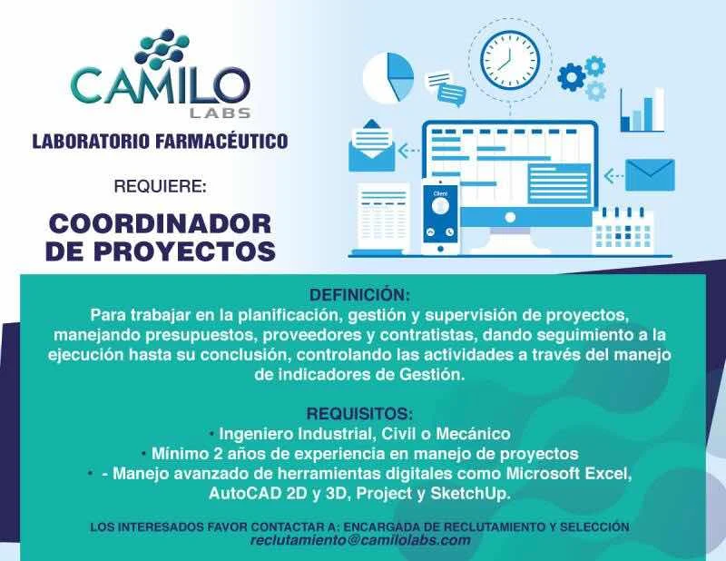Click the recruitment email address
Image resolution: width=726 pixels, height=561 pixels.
pos(360,541)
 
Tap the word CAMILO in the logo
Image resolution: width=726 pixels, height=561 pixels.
pos(161,85)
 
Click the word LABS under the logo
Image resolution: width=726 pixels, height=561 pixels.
pos(221,113)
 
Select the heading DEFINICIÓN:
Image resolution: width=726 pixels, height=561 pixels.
pos(359,295)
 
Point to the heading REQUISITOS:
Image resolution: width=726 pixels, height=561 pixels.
pos(359,414)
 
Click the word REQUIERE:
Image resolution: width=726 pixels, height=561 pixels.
pos(160,186)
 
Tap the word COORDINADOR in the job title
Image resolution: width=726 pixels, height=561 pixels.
pos(161,224)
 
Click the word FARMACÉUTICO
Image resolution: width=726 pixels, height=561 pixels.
pos(221,141)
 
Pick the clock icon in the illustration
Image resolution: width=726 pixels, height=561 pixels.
pos(510,60)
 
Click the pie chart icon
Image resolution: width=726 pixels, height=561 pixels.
pos(388,78)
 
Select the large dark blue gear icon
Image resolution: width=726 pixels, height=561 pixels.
pos(572,77)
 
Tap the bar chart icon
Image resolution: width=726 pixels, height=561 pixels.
pos(642,110)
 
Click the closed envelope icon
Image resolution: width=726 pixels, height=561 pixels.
pos(650,174)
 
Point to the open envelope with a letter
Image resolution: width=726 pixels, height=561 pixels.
pos(371,145)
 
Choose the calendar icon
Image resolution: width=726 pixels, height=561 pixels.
pos(623,231)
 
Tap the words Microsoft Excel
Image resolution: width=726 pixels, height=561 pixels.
pos(568,474)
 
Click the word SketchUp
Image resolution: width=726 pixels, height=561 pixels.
pos(470,494)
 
